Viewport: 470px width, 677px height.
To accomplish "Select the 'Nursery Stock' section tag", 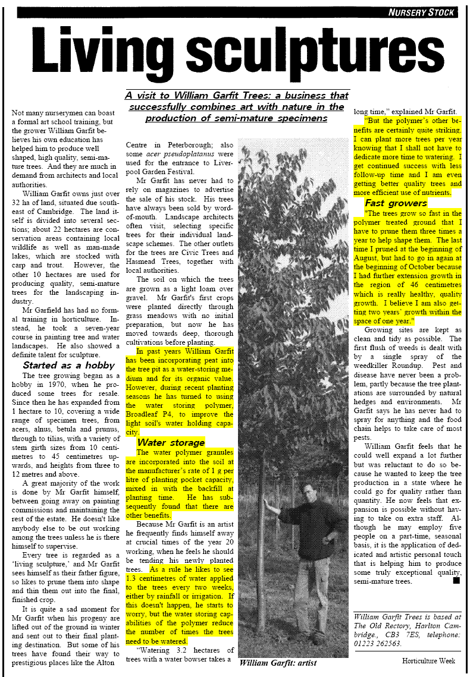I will tap(421, 12).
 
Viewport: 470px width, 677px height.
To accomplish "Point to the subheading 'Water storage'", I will tap(171, 442).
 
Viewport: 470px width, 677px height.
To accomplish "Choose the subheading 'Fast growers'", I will tap(396, 203).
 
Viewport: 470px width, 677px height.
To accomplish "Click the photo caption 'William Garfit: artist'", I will tap(277, 662).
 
